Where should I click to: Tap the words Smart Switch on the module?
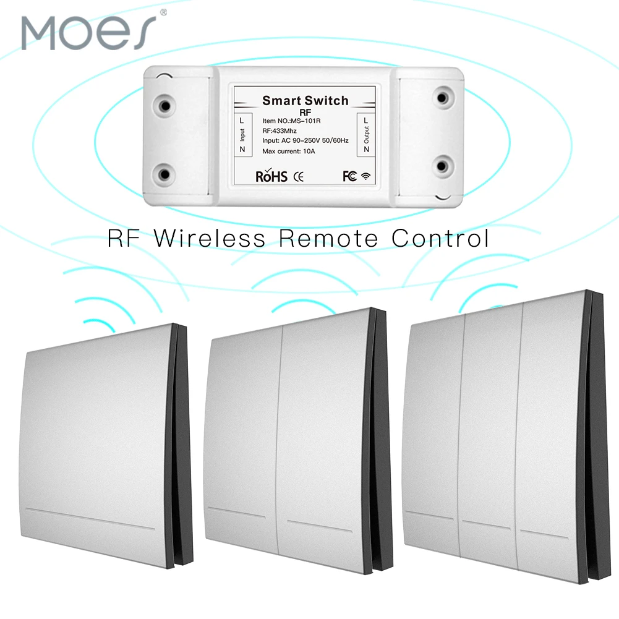tap(305, 100)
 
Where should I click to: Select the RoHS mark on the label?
tap(271, 176)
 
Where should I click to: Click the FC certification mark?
tap(350, 176)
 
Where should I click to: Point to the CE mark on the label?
tap(297, 177)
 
